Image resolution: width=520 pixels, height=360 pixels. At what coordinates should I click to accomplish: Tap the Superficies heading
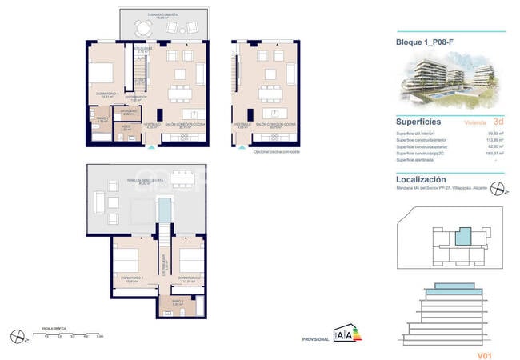click(x=421, y=121)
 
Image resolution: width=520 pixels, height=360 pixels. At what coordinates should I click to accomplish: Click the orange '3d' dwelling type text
click(x=498, y=122)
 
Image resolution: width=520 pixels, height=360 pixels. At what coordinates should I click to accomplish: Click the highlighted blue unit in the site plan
click(x=462, y=236)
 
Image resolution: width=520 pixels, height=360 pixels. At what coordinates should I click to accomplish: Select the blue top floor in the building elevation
click(x=452, y=289)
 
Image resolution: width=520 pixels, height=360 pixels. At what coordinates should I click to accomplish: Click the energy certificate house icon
click(x=343, y=336)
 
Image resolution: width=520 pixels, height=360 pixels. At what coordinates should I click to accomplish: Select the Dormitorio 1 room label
click(x=108, y=94)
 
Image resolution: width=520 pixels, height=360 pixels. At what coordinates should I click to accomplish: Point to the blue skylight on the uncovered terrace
click(x=163, y=209)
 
